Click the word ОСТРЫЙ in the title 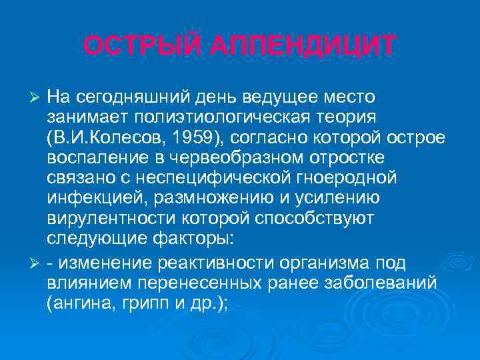(136, 46)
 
